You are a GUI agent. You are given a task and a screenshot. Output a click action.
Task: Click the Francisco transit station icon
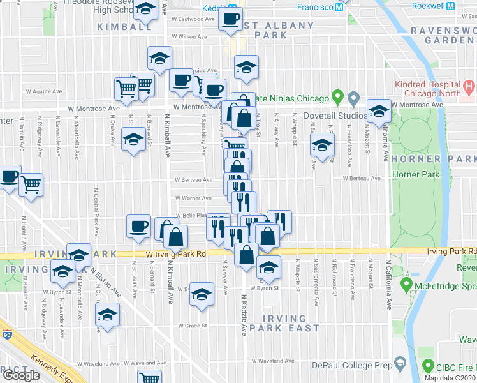pos(339,7)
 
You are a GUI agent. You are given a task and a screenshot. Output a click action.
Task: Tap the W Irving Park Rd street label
pos(175,253)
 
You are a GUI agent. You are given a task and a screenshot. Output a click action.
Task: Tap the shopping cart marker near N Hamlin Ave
pos(31,185)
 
